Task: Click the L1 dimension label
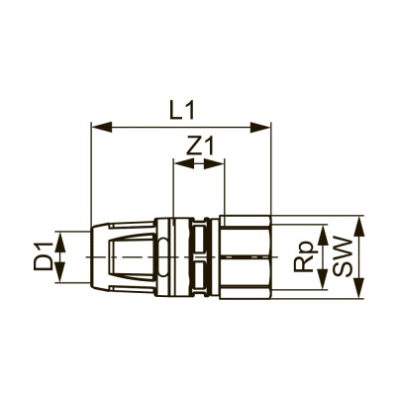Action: click(181, 111)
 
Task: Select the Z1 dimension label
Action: click(201, 147)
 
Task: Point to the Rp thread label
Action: click(304, 260)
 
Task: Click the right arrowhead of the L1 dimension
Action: click(265, 126)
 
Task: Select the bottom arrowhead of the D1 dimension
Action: click(60, 277)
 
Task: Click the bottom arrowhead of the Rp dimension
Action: click(322, 287)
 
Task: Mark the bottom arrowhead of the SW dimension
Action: click(358, 294)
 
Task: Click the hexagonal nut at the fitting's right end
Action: click(246, 256)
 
